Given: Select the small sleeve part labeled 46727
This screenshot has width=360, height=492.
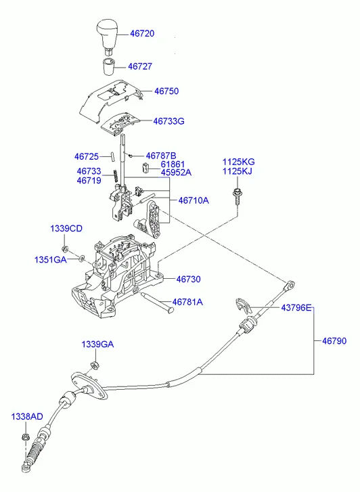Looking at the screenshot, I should (108, 67).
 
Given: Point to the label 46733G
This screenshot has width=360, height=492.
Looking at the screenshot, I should (168, 121).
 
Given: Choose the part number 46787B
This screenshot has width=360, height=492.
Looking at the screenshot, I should (161, 156).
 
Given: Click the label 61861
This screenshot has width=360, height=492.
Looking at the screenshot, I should (173, 164).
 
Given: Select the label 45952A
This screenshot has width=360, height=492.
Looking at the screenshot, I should (176, 173).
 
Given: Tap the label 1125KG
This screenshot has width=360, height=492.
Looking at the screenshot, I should (239, 162).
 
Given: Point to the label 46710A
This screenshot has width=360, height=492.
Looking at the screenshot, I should (194, 200).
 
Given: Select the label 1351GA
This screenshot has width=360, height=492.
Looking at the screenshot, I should (50, 260).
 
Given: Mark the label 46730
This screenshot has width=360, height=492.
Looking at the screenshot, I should (189, 279).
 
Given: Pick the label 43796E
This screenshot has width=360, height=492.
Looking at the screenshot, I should (297, 309).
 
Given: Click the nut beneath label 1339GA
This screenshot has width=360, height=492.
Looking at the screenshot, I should (94, 365).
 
